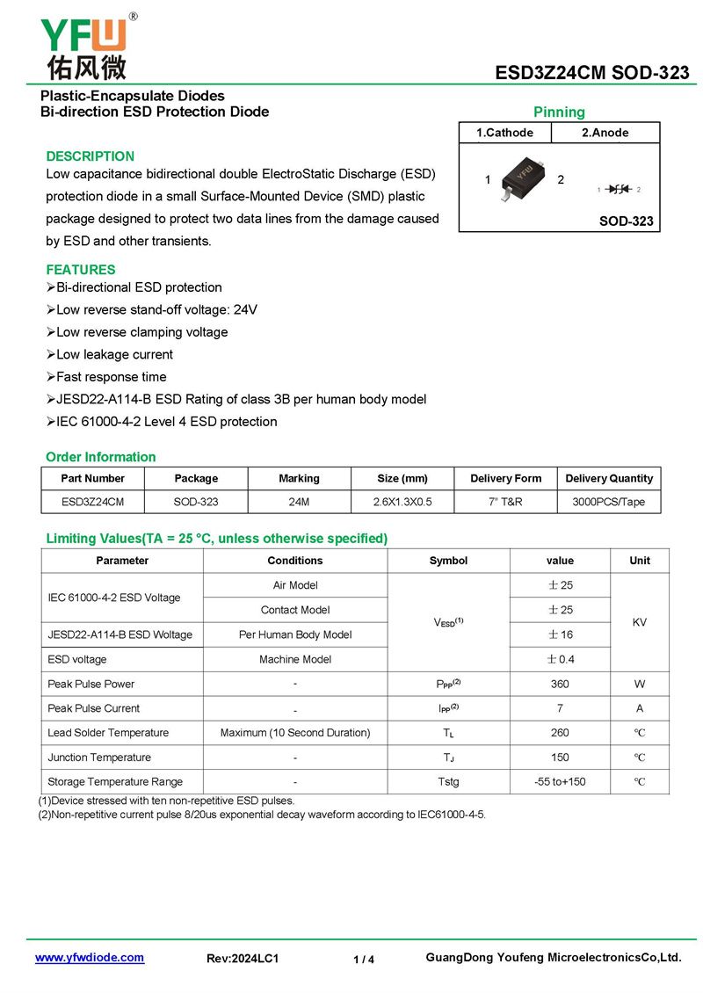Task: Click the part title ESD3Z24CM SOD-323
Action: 591,73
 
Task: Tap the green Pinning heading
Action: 559,112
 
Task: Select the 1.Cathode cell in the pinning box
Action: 504,133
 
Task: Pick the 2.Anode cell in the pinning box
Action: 605,133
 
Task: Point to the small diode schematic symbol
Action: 620,189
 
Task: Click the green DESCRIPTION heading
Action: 91,156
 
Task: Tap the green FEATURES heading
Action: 81,270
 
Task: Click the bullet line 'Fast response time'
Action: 111,377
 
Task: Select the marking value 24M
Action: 299,502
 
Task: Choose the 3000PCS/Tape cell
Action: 610,502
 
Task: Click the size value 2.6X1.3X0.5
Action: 402,502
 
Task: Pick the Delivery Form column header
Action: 505,479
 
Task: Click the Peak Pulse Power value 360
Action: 560,684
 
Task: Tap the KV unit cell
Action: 640,622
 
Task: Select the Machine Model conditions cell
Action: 295,659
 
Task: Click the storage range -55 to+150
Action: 560,782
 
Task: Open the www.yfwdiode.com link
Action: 90,958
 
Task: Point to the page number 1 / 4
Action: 364,960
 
